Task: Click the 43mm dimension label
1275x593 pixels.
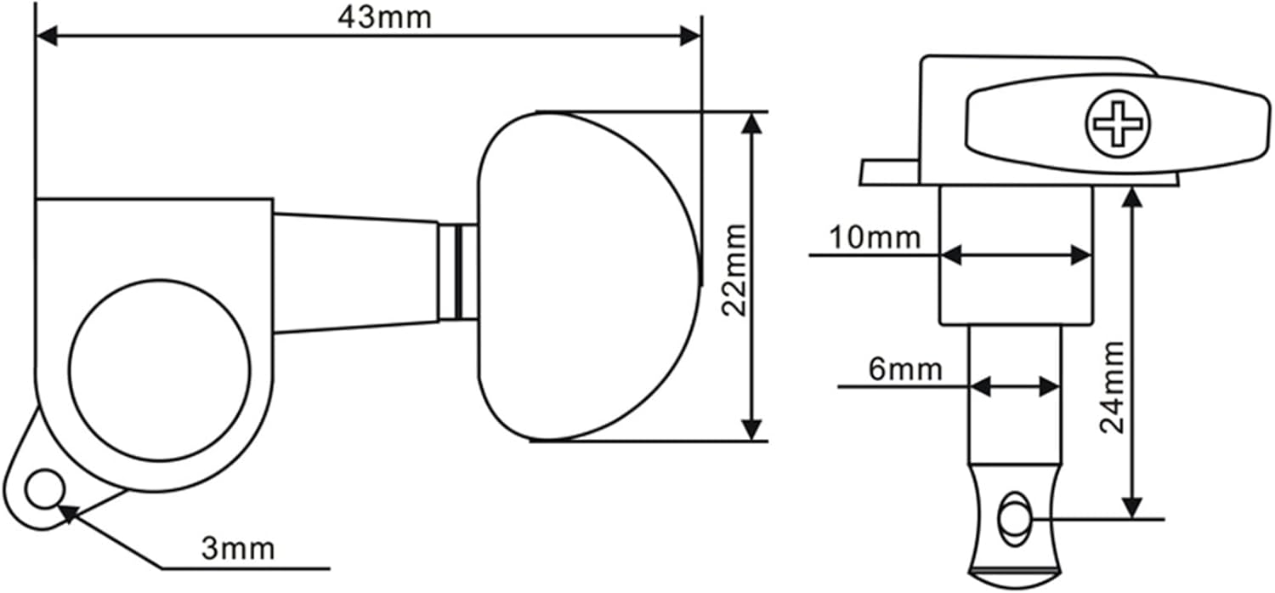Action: click(384, 16)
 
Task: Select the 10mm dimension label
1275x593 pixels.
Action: click(875, 237)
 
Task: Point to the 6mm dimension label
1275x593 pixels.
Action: click(905, 369)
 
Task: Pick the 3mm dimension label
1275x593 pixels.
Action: click(238, 549)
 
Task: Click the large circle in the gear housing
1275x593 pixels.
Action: click(160, 370)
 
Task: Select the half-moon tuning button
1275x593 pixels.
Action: click(586, 277)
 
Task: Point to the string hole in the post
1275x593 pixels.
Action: click(1013, 519)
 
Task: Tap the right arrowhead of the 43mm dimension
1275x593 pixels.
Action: click(690, 36)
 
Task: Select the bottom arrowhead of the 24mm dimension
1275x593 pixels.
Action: click(1130, 508)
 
